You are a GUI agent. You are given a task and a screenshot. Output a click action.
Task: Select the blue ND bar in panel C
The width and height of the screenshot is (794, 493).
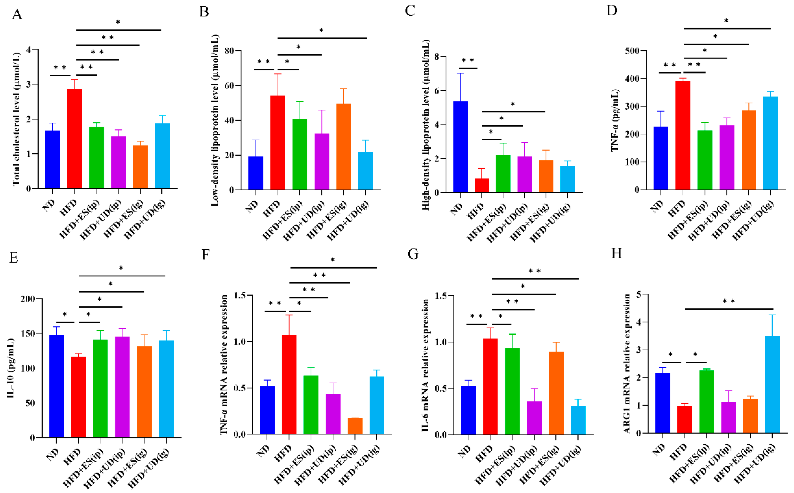460,147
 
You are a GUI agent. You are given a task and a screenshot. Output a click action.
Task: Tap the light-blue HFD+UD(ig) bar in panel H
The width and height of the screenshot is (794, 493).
772,385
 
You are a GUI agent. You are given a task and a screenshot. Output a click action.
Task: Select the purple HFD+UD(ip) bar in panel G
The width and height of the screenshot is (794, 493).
534,418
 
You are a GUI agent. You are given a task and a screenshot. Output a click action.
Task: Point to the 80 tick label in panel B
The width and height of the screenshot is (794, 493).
229,51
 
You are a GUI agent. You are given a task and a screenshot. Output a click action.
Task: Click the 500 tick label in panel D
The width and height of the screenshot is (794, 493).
631,51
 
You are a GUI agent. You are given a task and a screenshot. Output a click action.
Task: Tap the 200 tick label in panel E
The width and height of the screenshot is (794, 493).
27,299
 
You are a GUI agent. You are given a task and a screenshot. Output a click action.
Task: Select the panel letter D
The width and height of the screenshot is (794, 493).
612,11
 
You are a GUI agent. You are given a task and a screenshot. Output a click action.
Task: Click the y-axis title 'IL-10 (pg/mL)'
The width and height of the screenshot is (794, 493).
10,368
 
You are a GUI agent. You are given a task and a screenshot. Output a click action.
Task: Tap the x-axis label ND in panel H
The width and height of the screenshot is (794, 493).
659,450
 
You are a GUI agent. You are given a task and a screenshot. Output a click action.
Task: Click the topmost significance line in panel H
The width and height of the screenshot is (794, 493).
729,309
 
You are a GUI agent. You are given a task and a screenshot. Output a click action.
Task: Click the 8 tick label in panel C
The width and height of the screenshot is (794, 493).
437,57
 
